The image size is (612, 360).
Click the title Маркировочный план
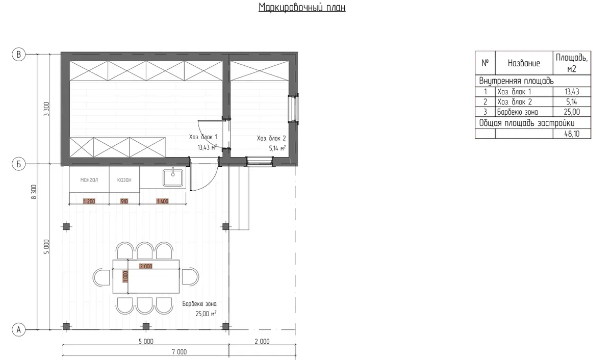[x=302, y=7]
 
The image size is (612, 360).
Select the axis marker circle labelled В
[x=18, y=55]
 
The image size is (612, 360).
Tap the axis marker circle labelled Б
[x=18, y=164]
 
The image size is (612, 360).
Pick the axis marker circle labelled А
[x=18, y=330]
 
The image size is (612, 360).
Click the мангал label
[x=89, y=179]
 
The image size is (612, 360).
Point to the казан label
[x=124, y=179]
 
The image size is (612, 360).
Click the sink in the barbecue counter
[x=173, y=178]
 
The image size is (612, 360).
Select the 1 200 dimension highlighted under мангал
[x=89, y=201]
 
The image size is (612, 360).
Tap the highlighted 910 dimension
[x=124, y=201]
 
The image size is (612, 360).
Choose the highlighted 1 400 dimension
[x=163, y=201]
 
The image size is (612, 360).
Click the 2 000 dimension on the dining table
[x=146, y=266]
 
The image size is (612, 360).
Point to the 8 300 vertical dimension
[x=34, y=192]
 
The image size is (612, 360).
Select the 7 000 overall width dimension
[x=179, y=352]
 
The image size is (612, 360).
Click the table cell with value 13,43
[x=572, y=91]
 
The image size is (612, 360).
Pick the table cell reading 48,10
[x=572, y=134]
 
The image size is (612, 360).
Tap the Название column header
[x=524, y=63]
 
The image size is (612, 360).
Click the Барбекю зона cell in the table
[x=524, y=112]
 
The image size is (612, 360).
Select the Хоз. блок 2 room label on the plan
[x=271, y=139]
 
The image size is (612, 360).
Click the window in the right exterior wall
[x=294, y=108]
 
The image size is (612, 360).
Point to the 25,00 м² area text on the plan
[x=206, y=314]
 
